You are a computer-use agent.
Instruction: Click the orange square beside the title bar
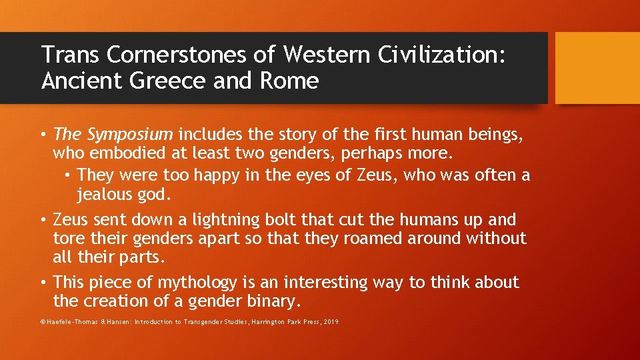click(597, 68)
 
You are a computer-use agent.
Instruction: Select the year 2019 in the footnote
click(331, 322)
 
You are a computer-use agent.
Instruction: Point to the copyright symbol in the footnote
click(43, 322)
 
